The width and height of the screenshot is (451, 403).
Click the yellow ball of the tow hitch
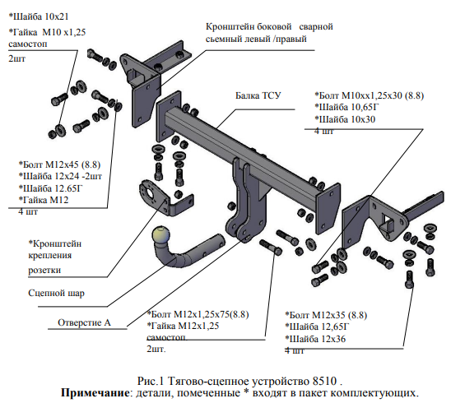click(x=160, y=235)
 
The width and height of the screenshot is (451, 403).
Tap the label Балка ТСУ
click(x=258, y=95)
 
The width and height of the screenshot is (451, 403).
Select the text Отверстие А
click(x=84, y=322)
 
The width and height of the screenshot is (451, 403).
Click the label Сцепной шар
click(x=56, y=293)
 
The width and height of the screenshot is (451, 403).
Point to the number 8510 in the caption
click(x=324, y=381)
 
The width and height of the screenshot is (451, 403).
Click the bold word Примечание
click(x=95, y=392)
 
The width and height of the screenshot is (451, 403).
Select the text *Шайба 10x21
click(x=39, y=16)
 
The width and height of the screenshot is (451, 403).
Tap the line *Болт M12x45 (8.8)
click(x=59, y=164)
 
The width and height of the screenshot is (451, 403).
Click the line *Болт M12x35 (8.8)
click(x=326, y=315)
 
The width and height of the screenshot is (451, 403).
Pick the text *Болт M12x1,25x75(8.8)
click(x=198, y=314)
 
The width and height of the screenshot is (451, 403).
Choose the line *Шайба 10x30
click(x=345, y=119)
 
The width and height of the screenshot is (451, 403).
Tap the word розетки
click(x=44, y=271)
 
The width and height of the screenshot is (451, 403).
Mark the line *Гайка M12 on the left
click(x=44, y=200)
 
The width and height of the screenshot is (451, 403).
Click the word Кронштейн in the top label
click(x=230, y=27)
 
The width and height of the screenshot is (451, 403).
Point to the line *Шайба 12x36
click(x=315, y=339)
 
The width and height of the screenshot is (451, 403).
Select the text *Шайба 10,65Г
click(x=346, y=107)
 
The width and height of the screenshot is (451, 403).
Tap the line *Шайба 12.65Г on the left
click(x=51, y=188)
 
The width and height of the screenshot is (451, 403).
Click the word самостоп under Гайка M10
click(x=28, y=44)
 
